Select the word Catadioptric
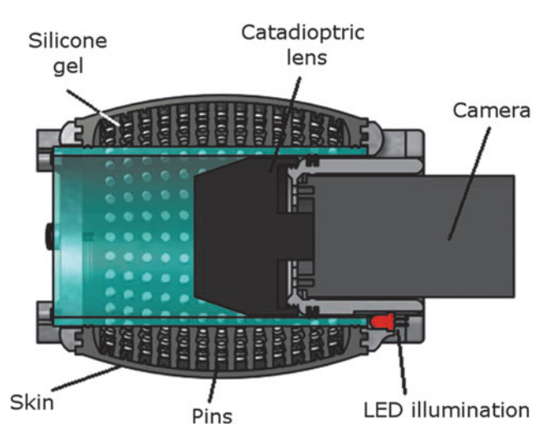(303, 34)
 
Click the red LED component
(382, 321)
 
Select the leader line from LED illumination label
(402, 362)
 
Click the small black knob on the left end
(47, 237)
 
